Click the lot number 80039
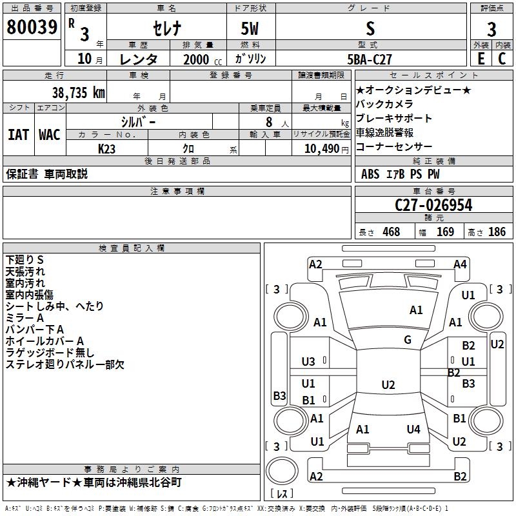coord(31,27)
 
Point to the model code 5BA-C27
coord(368,59)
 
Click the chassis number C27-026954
coord(433,205)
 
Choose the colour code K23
coord(107,148)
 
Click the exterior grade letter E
coord(481,59)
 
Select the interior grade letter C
coord(502,59)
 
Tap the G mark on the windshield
coord(408,340)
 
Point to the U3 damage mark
coord(309,361)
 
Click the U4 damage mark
coord(413,429)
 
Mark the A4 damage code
coord(460,264)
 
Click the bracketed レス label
coord(281,494)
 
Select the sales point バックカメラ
coord(384,104)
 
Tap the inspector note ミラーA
coord(25,318)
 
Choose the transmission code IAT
coord(17,135)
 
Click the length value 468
coord(391,232)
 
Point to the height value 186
coord(497,232)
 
